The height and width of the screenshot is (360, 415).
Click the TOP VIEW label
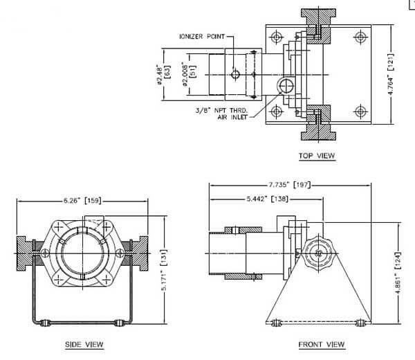(x=317, y=156)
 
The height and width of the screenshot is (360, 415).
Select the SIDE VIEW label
(x=84, y=343)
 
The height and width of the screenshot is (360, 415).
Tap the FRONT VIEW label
(x=321, y=343)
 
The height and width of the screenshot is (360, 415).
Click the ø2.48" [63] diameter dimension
(x=161, y=74)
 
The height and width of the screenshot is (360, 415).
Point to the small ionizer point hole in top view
(x=236, y=73)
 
